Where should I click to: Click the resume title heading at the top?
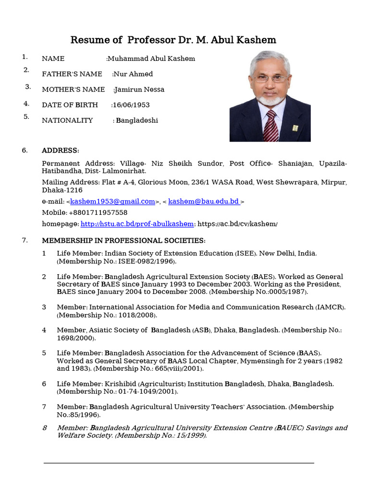(173, 39)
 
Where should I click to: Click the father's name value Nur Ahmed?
(133, 74)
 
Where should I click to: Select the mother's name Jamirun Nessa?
(139, 89)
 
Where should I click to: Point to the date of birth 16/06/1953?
(131, 105)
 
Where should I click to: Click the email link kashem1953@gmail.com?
(112, 201)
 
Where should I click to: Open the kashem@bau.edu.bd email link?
(204, 201)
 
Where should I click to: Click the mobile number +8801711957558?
(98, 212)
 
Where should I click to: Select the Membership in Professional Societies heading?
(123, 240)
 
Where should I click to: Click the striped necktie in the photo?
(271, 126)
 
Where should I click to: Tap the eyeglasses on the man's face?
(271, 78)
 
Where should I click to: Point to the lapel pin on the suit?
(295, 128)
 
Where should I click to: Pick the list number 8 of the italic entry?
(44, 428)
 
